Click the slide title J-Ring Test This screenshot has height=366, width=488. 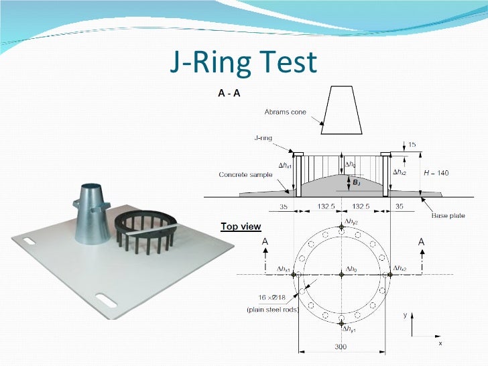(x=243, y=62)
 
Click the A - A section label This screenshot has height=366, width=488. (x=229, y=95)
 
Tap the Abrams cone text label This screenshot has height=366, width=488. (x=284, y=111)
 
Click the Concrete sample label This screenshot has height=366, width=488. (x=245, y=174)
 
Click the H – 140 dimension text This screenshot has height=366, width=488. (x=436, y=173)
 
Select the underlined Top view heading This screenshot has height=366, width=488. (x=241, y=227)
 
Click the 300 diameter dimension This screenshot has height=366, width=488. (x=342, y=347)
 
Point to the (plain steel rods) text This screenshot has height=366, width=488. (x=272, y=309)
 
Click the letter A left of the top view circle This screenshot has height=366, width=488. (x=265, y=241)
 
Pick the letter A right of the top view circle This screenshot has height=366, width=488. (x=422, y=241)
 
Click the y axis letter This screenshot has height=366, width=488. (x=405, y=314)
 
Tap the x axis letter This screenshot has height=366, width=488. (x=440, y=343)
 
